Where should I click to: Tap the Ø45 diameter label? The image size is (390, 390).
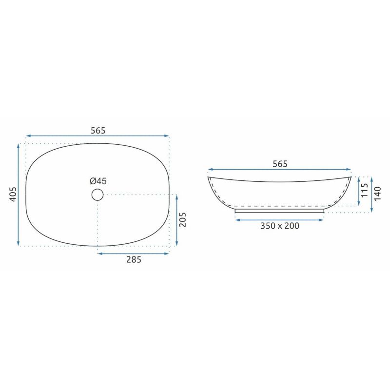tap(98, 181)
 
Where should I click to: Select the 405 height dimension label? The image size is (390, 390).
tap(13, 194)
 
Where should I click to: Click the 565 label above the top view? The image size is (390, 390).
tap(98, 130)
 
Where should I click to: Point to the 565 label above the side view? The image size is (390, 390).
tap(280, 164)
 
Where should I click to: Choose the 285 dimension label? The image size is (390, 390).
tap(134, 260)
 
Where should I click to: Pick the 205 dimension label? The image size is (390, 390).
tap(182, 220)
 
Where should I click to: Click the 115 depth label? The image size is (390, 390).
tap(364, 190)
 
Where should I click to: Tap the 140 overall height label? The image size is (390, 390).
tap(377, 194)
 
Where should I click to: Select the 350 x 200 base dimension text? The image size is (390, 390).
tap(280, 226)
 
